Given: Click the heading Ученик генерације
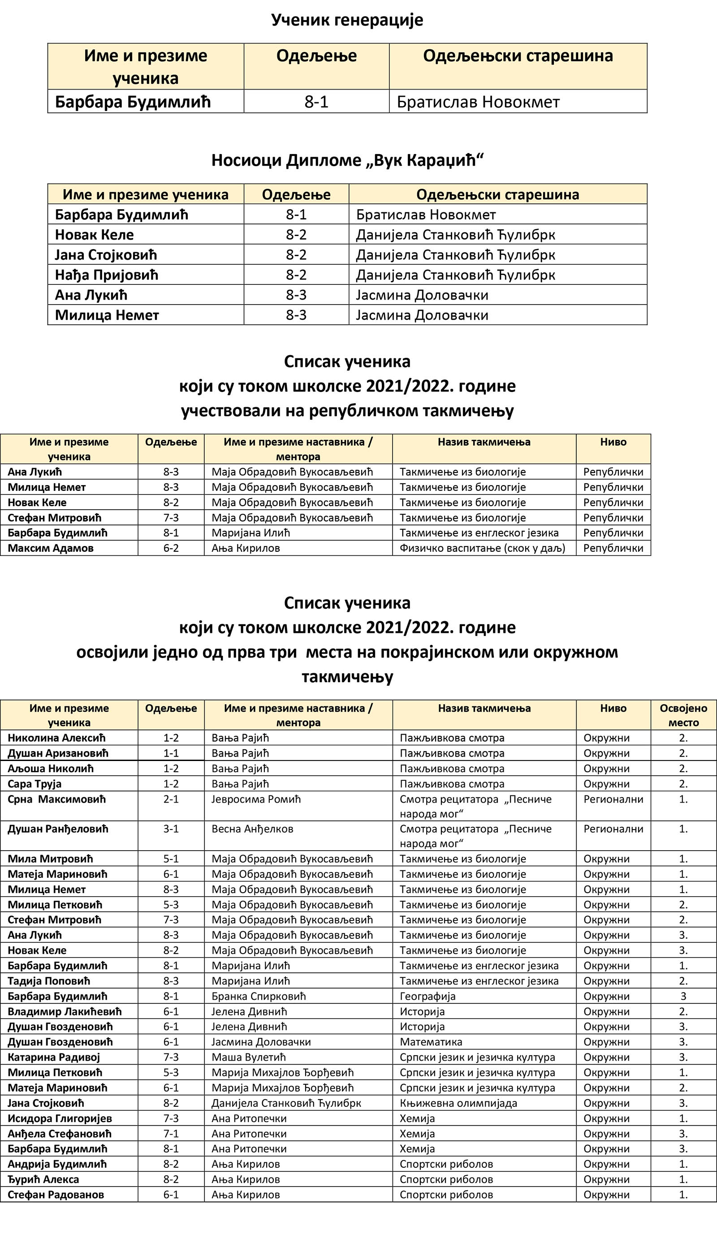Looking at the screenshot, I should tap(347, 20).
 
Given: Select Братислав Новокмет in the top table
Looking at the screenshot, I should tap(478, 102).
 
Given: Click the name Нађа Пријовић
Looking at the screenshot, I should tap(106, 275).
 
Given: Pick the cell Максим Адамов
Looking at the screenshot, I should tap(51, 548).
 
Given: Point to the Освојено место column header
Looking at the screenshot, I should tap(683, 715).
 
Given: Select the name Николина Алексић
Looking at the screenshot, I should tap(56, 737).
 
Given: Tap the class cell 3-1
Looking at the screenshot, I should tap(171, 829).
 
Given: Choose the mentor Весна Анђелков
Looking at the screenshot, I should tap(252, 829).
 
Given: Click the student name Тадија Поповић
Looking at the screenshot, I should tap(49, 981).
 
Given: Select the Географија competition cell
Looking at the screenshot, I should tap(427, 996).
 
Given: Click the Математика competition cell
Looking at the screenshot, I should tap(431, 1041).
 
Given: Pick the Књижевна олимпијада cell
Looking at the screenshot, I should tap(458, 1103).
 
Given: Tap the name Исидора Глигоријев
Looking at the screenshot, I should tap(60, 1118).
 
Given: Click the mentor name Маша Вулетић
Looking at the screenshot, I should tap(248, 1057).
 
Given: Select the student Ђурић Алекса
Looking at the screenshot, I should tap(43, 1179).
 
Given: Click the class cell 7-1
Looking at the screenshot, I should tap(171, 1134).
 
